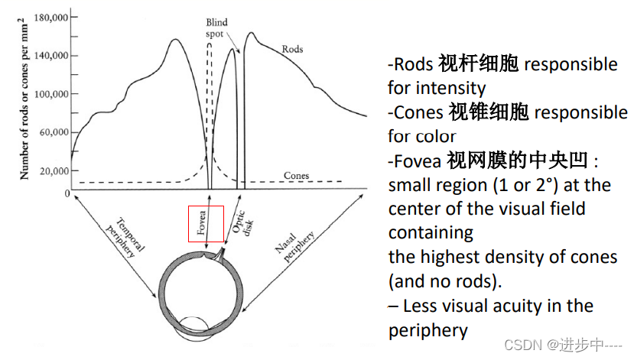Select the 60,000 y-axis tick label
[51, 132]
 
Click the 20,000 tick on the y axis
[51, 170]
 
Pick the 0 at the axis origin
[67, 193]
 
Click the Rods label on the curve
[292, 49]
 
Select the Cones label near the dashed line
[296, 176]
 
